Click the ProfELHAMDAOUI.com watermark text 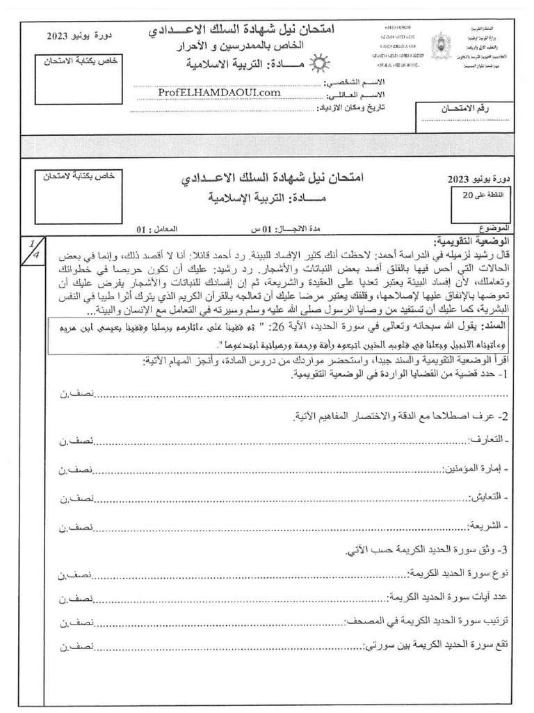tap(220, 93)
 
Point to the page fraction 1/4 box tap(31, 249)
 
